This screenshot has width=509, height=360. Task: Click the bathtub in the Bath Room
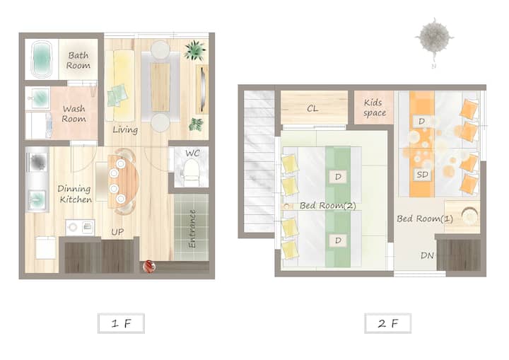[42, 59]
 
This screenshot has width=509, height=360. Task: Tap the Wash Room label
[74, 113]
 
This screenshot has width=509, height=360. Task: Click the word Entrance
[192, 228]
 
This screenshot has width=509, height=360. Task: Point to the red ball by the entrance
[149, 267]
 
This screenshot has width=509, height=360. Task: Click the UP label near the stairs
[117, 232]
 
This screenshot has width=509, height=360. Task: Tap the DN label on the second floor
[427, 256]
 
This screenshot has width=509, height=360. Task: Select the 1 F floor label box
[121, 323]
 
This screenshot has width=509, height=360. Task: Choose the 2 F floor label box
[388, 323]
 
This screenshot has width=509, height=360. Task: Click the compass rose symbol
[434, 37]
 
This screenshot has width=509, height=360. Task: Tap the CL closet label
[312, 108]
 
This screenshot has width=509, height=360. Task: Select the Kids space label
[374, 108]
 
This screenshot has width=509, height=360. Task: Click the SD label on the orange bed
[422, 175]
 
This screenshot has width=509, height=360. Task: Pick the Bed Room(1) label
[425, 219]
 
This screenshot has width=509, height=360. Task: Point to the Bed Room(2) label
[328, 205]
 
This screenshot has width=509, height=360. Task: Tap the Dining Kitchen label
[75, 194]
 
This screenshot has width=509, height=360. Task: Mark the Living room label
[125, 130]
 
